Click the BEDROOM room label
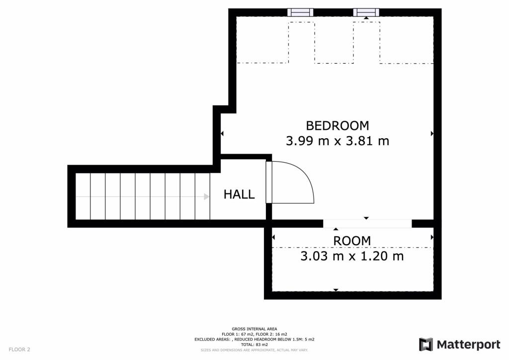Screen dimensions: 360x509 click(x=338, y=125)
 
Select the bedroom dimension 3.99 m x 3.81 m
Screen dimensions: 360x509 click(x=338, y=141)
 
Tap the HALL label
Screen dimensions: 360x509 click(x=239, y=194)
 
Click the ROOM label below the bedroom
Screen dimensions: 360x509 click(x=352, y=241)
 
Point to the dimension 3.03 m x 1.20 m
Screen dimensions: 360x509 click(x=352, y=257)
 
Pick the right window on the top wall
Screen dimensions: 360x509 click(x=366, y=12)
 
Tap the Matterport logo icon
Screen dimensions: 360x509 click(x=426, y=344)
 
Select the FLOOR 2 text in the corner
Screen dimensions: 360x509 click(x=19, y=350)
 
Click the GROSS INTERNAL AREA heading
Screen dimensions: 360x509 click(x=254, y=329)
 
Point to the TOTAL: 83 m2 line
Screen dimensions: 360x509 click(x=254, y=345)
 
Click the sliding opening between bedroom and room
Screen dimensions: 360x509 click(x=367, y=224)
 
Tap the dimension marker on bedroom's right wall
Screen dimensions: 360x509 click(x=432, y=133)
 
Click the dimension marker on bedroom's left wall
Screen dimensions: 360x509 click(x=222, y=133)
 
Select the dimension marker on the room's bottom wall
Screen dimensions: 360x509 click(x=336, y=290)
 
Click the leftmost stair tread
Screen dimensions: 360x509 click(x=83, y=196)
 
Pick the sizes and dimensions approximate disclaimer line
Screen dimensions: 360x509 click(x=254, y=350)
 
